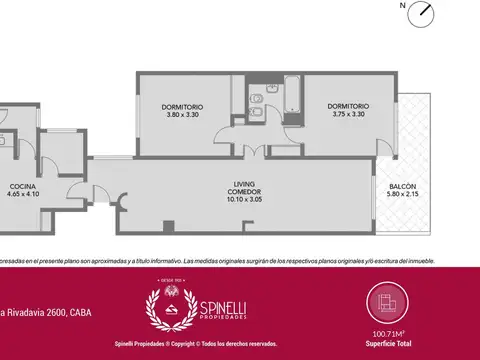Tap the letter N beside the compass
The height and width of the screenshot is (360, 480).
click(x=402, y=6)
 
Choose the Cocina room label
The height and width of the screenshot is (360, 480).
click(x=22, y=187)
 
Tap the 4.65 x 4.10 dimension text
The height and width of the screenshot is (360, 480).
click(x=22, y=194)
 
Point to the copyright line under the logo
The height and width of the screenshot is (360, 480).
click(x=239, y=342)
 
